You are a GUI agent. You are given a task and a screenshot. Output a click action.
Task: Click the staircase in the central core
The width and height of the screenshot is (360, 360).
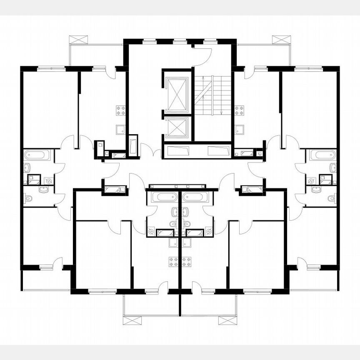[212, 96]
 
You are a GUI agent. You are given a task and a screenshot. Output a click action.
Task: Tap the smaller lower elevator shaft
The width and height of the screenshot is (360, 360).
[177, 127]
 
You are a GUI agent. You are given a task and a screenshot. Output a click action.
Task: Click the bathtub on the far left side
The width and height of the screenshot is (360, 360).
[37, 155]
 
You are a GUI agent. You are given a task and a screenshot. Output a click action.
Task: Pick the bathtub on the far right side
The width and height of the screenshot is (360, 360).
[323, 155]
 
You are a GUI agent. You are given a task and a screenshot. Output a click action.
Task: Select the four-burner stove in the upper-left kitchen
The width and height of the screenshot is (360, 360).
[121, 110]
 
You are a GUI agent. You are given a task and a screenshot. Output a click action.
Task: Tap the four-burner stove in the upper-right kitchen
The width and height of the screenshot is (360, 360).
[239, 110]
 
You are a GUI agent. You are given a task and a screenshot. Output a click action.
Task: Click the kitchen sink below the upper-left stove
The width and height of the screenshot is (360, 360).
[120, 130]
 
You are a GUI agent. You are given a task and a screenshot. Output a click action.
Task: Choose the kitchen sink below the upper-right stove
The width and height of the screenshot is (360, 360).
[240, 130]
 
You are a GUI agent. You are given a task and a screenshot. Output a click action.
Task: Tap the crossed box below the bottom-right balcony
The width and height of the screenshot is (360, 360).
[227, 320]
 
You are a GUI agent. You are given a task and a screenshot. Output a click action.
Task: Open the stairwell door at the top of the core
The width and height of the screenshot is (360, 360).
[204, 56]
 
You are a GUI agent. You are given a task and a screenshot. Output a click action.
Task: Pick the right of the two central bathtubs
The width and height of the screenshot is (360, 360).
[195, 197]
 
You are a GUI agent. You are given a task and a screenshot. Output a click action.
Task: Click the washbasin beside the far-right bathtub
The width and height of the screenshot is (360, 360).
[332, 168]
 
